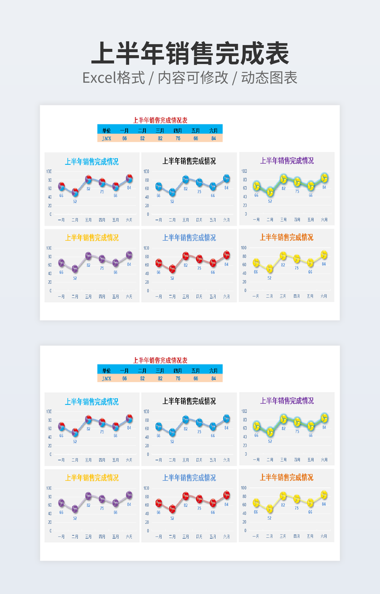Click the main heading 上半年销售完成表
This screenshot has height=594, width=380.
pyautogui.click(x=189, y=54)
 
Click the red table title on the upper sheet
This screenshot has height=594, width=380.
pyautogui.click(x=160, y=120)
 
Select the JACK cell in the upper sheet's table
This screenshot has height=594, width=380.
pyautogui.click(x=106, y=138)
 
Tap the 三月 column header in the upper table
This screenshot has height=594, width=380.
pyautogui.click(x=160, y=129)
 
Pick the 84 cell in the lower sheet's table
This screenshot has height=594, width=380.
pyautogui.click(x=214, y=379)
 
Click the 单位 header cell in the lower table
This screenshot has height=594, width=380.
pyautogui.click(x=106, y=370)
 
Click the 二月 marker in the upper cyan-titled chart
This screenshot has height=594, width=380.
pyautogui.click(x=75, y=193)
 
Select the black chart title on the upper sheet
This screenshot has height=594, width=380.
pyautogui.click(x=189, y=161)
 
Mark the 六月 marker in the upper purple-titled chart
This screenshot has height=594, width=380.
pyautogui.click(x=324, y=178)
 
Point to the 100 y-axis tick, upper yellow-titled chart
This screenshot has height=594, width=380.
pyautogui.click(x=49, y=248)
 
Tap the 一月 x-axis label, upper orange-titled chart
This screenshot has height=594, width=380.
pyautogui.click(x=256, y=296)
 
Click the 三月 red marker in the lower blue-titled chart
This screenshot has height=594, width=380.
pyautogui.click(x=186, y=496)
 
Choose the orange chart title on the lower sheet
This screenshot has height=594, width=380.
pyautogui.click(x=286, y=478)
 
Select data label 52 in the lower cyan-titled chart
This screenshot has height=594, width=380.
pyautogui.click(x=75, y=442)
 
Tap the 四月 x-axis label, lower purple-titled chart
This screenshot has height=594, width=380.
pyautogui.click(x=102, y=537)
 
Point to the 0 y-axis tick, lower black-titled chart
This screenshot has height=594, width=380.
pyautogui.click(x=148, y=454)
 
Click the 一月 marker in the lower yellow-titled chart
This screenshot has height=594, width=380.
pyautogui.click(x=256, y=503)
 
